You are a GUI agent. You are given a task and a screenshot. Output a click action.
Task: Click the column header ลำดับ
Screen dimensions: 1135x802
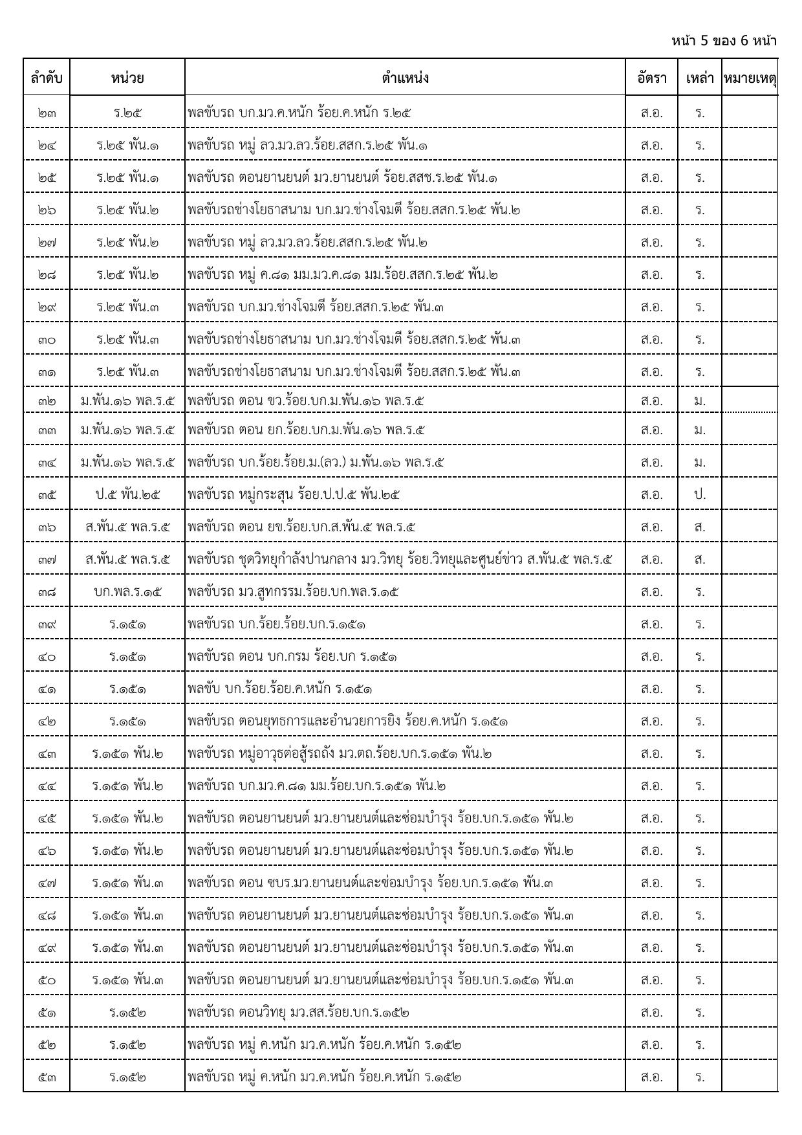coord(47,78)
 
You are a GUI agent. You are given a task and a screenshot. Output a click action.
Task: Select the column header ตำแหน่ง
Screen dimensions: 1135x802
coord(405,78)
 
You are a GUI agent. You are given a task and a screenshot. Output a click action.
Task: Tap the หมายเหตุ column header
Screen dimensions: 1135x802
coord(750,78)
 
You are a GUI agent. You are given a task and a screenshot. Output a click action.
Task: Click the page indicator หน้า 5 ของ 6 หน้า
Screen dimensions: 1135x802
coord(724,41)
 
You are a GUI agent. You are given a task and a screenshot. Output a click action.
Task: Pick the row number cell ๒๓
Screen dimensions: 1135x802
coord(47,113)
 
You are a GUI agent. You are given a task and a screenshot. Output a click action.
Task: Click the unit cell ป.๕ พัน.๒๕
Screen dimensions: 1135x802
coord(127,495)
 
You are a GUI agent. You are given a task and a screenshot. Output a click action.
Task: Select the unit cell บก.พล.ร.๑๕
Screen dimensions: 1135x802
coord(127,592)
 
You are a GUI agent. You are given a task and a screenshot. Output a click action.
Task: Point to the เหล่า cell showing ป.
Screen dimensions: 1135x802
coord(700,495)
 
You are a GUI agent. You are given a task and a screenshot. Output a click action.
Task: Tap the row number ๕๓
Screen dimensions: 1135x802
coord(47,1077)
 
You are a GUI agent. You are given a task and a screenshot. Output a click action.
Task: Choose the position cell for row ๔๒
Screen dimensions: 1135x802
coord(348,722)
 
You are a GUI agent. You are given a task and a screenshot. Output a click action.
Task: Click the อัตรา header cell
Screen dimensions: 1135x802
coord(651,78)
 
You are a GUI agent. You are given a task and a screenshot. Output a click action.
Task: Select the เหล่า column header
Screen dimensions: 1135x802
coord(700,78)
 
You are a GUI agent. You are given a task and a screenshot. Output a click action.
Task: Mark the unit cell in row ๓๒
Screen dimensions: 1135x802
coord(127,401)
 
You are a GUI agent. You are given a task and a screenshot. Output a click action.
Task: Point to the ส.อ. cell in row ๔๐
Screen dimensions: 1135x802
coord(651,657)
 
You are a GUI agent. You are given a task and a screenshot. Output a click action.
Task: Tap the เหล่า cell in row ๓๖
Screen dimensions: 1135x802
coord(700,527)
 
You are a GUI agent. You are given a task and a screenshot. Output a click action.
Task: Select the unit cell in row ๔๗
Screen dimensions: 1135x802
coord(127,883)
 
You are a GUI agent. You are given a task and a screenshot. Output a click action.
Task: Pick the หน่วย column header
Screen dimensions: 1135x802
coord(127,78)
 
